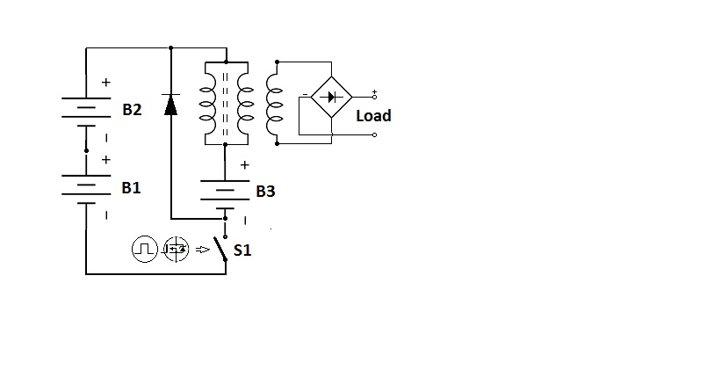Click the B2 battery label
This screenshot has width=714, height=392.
pyautogui.click(x=132, y=109)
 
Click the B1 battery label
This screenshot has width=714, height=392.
pyautogui.click(x=131, y=188)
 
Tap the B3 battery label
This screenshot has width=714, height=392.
pyautogui.click(x=265, y=192)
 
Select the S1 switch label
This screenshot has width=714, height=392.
pyautogui.click(x=242, y=250)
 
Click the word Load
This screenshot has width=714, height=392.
pyautogui.click(x=373, y=116)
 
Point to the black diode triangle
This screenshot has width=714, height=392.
pyautogui.click(x=170, y=105)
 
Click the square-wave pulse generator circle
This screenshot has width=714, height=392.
pyautogui.click(x=145, y=249)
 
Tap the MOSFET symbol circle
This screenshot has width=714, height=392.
pyautogui.click(x=177, y=249)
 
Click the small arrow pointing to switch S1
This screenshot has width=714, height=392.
pyautogui.click(x=203, y=250)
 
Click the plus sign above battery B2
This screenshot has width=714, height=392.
pyautogui.click(x=106, y=83)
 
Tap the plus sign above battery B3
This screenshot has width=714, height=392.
pyautogui.click(x=244, y=165)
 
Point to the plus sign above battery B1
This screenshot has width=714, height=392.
pyautogui.click(x=106, y=160)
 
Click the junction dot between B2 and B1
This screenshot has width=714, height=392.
pyautogui.click(x=86, y=150)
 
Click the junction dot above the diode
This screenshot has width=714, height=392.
pyautogui.click(x=170, y=47)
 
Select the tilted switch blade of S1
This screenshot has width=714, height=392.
pyautogui.click(x=220, y=249)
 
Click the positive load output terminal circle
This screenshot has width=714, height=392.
pyautogui.click(x=374, y=97)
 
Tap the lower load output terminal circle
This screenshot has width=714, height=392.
pyautogui.click(x=374, y=135)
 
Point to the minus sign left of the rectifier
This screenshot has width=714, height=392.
pyautogui.click(x=305, y=94)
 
